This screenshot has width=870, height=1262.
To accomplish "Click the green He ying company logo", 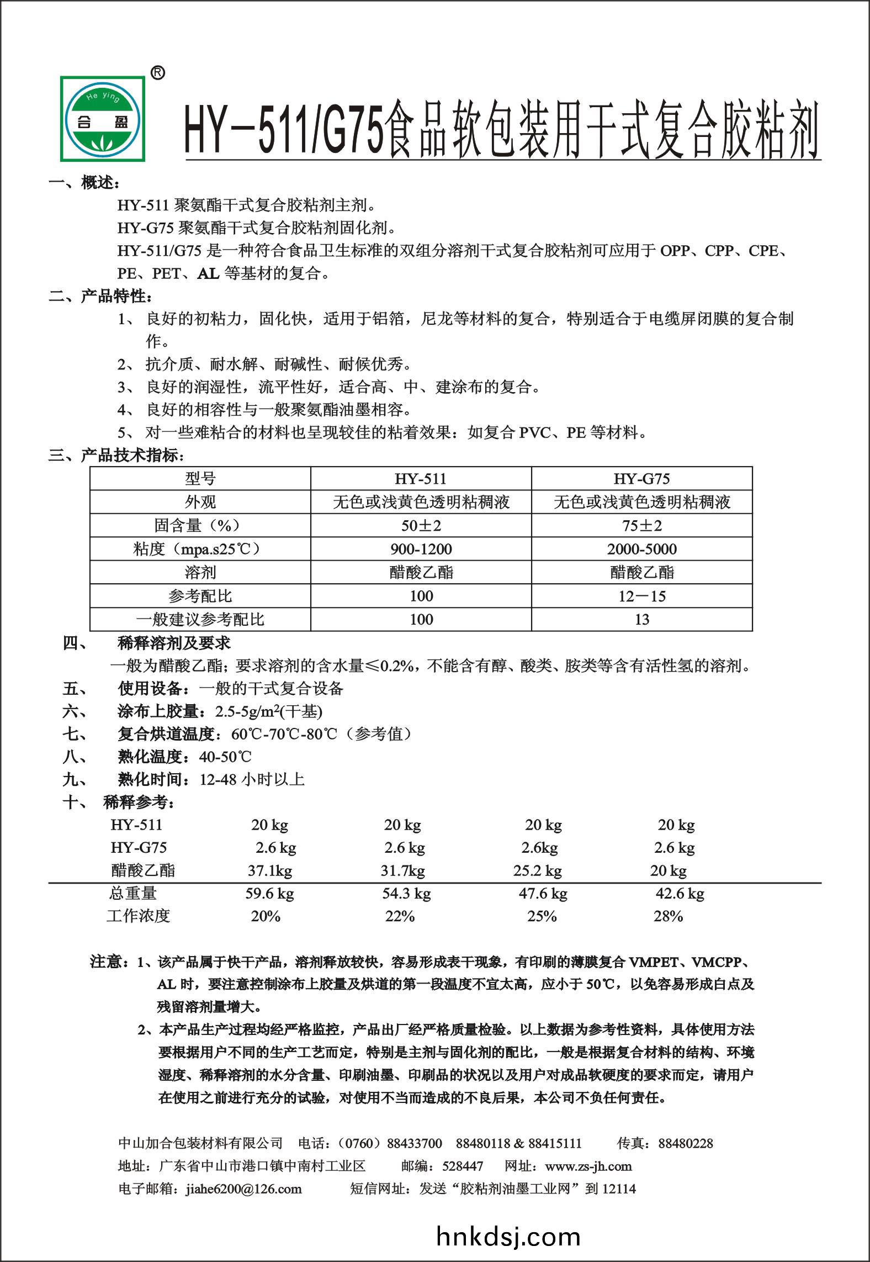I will coord(103,119).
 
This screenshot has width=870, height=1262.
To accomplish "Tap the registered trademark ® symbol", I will coord(157,73).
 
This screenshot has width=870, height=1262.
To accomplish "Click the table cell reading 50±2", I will coord(421,525).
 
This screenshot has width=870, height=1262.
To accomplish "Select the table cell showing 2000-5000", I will coord(641,549).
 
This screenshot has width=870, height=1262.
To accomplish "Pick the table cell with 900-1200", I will coord(421,549).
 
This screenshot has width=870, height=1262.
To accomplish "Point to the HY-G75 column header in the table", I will coord(641,478).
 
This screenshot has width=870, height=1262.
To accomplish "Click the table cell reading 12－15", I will coord(641,596).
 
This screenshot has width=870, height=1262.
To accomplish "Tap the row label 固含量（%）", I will coord(200,525).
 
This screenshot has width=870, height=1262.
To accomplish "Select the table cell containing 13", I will coord(641,619).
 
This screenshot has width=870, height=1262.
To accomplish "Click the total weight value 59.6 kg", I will coord(269,893).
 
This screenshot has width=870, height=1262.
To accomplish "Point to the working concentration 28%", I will coord(668,916).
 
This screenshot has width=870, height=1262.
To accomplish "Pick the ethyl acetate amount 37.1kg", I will coord(269,871).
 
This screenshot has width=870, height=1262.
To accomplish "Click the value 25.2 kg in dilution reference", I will coord(537,871).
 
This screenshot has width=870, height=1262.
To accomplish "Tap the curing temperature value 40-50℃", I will coord(225,757).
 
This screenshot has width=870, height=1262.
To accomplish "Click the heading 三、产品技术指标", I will coord(116,456).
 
